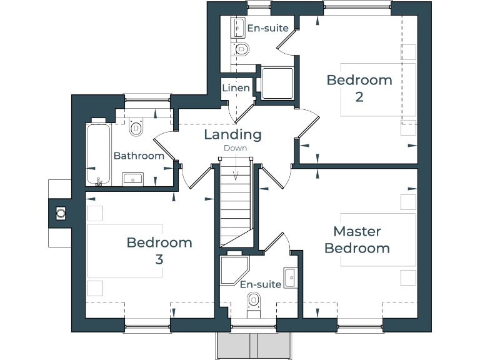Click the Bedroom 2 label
coord(359,88)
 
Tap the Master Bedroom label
coord(357,240)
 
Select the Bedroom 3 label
coord(159,250)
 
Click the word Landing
coord(232,134)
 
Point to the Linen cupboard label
coord(236,88)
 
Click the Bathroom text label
coord(139,156)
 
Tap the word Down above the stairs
coord(236,148)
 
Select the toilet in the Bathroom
coord(136,127)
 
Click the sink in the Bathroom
coord(133,179)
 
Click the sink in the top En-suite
coord(238,27)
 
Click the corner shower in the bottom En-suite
coord(234,269)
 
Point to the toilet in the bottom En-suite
coord(253,302)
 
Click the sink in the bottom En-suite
coord(290,277)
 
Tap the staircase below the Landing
coord(235,206)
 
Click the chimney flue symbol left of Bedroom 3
coord(61,213)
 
